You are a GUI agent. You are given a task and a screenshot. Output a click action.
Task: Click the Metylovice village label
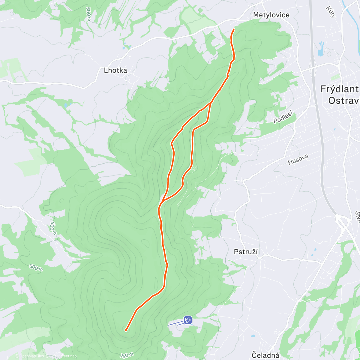(x=271, y=15)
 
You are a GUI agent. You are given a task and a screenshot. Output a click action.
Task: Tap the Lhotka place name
(x=115, y=70)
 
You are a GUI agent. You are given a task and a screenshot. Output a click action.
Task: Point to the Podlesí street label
(x=283, y=118)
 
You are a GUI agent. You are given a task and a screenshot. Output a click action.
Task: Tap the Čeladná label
(x=265, y=355)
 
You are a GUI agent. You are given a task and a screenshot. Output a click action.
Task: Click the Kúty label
(x=331, y=12)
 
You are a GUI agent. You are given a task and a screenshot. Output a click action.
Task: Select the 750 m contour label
(x=127, y=355)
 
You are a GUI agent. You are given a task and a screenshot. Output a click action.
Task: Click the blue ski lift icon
(x=188, y=320)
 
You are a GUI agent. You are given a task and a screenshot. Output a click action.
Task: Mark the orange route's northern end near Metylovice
(x=234, y=29)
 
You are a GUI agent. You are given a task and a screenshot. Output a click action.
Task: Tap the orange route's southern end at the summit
(x=126, y=330)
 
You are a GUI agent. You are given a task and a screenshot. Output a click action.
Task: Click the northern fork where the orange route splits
(x=211, y=103)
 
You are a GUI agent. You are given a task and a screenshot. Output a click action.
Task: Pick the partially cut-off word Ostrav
(x=344, y=100)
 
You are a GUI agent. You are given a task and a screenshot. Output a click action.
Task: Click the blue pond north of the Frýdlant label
(x=320, y=49)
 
